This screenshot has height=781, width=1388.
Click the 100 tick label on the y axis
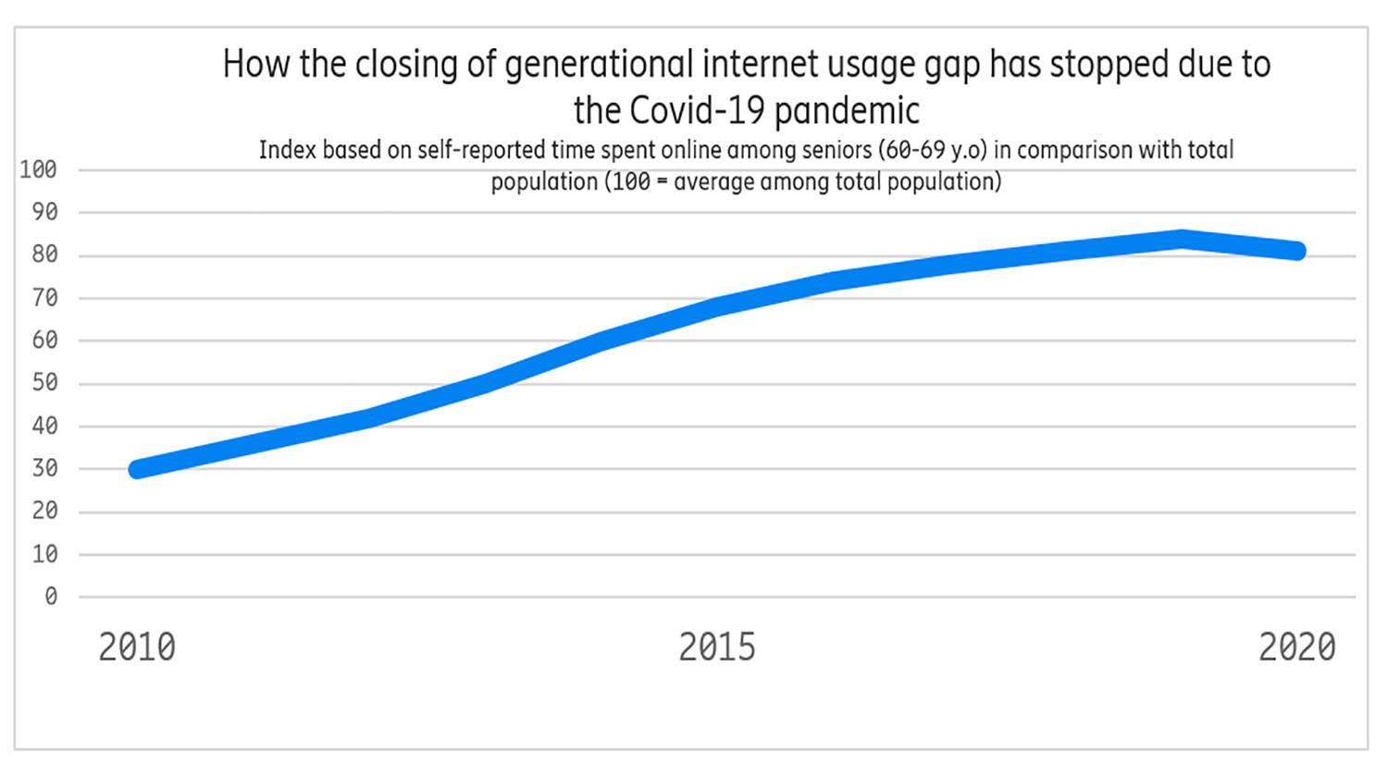(x=38, y=170)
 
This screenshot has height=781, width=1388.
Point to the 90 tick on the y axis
(x=44, y=213)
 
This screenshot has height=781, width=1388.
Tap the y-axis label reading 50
(x=44, y=383)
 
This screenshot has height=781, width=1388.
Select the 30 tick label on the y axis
(x=44, y=469)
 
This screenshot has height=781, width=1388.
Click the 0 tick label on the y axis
(x=51, y=597)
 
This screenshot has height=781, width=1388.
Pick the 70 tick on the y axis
(x=44, y=298)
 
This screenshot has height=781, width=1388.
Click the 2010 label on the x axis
(x=137, y=647)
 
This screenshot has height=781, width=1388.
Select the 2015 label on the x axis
(x=717, y=647)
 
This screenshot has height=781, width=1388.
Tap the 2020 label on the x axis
(x=1296, y=647)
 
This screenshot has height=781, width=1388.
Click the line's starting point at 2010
(x=138, y=469)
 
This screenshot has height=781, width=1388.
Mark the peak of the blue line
(x=1182, y=239)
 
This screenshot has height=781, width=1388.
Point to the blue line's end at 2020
(x=1297, y=251)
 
